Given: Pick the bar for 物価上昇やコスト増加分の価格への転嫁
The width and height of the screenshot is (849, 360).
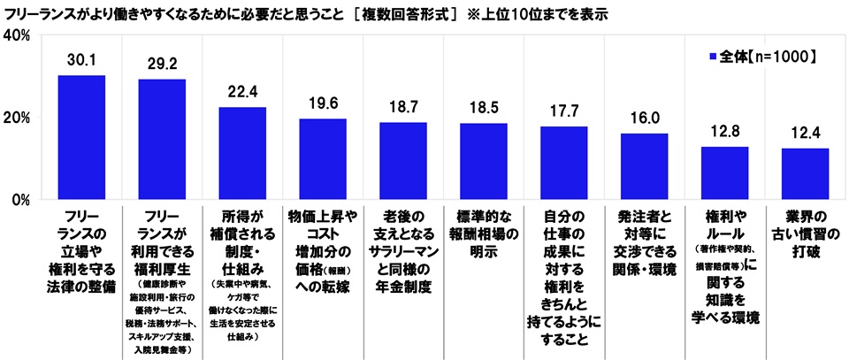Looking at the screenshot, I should tap(323, 159).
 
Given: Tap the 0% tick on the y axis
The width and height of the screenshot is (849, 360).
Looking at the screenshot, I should tap(23, 200).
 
